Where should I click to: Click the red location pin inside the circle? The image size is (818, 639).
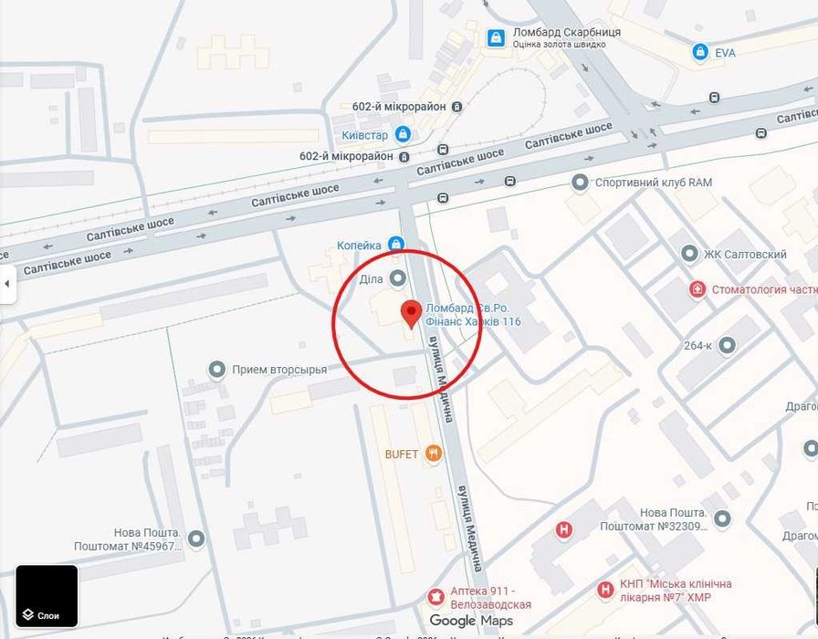click(411, 312)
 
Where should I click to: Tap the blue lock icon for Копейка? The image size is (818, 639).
click(395, 244)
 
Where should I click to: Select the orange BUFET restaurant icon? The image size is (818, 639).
click(434, 453)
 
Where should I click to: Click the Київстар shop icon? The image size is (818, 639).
click(403, 134)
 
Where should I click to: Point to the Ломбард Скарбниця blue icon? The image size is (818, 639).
click(496, 37)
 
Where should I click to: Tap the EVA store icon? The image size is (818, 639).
click(700, 52)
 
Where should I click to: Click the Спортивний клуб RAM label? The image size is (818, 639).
click(653, 183)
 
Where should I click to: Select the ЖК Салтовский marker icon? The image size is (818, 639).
click(689, 254)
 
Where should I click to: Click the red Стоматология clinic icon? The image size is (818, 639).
click(697, 289)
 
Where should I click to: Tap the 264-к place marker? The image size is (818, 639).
click(727, 345)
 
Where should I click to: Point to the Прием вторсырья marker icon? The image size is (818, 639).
click(217, 370)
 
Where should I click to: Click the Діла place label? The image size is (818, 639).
click(371, 278)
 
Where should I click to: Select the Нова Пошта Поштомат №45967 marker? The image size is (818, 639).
click(195, 539)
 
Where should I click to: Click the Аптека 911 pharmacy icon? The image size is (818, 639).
click(435, 597)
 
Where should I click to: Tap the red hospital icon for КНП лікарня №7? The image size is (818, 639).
click(604, 590)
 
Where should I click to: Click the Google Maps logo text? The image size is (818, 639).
click(471, 621)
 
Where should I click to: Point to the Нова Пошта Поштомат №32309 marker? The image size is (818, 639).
click(722, 519)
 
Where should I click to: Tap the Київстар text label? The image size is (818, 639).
click(365, 135)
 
